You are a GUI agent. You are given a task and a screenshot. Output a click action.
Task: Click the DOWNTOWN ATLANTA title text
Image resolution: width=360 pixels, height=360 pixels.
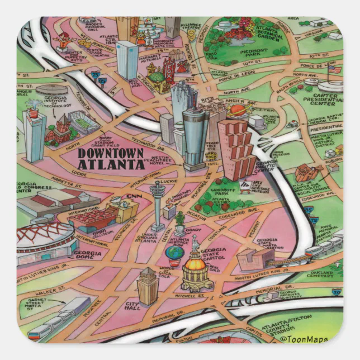click(x=110, y=159)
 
